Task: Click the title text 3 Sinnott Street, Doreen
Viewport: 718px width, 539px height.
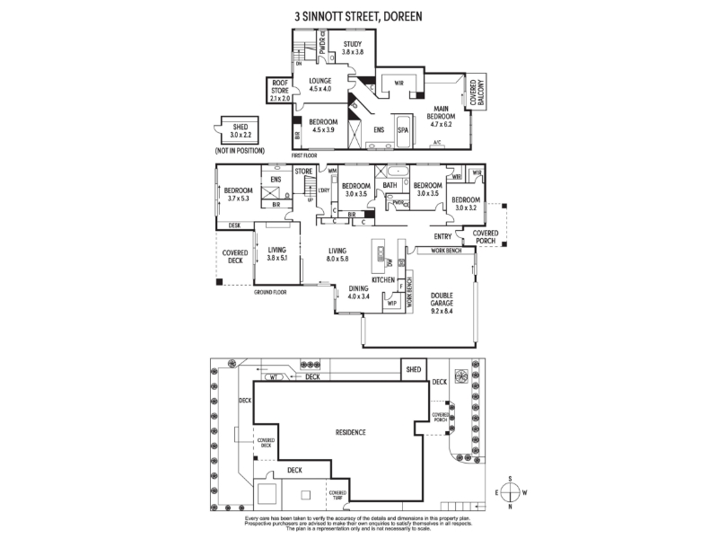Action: pos(358,16)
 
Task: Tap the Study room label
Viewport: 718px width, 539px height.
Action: pos(351,50)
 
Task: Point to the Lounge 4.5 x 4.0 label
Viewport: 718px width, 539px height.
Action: pos(320,85)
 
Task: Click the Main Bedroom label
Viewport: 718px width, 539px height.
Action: pos(442,116)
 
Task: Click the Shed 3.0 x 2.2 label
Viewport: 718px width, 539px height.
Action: pos(240,132)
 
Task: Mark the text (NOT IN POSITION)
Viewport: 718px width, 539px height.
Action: pos(240,151)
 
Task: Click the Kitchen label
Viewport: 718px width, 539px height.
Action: pos(384,281)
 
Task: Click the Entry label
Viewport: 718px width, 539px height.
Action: pos(442,237)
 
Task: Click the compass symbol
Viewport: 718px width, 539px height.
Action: pos(509,492)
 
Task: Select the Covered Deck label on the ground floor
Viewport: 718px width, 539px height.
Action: pos(235,257)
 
